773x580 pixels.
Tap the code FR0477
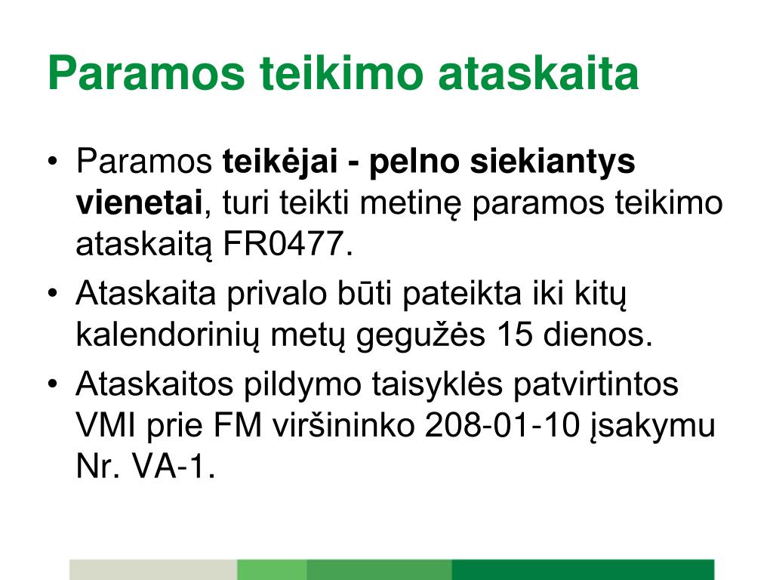pyautogui.click(x=288, y=245)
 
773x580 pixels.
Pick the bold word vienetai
pyautogui.click(x=139, y=204)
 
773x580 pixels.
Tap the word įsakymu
pyautogui.click(x=653, y=427)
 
